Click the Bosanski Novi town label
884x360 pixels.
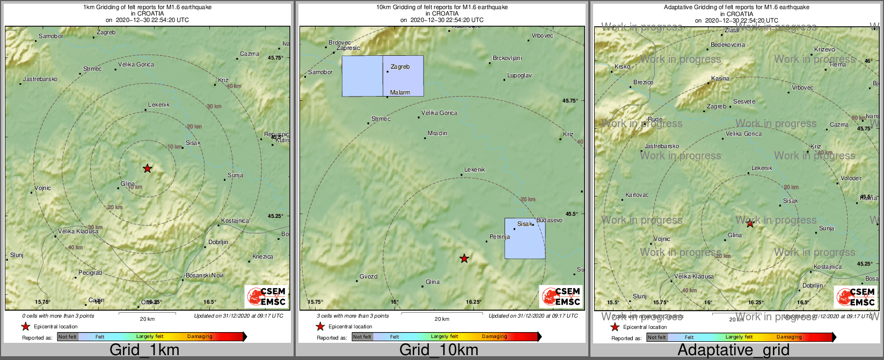click(x=204, y=276)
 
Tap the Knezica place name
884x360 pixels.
click(x=262, y=257)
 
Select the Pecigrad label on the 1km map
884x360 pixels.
click(x=90, y=273)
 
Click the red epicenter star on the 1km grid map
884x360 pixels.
click(x=148, y=168)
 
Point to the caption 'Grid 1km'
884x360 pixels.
click(x=144, y=350)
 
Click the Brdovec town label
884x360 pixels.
click(x=339, y=43)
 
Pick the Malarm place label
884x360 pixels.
click(x=400, y=93)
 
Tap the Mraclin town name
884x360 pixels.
click(x=437, y=134)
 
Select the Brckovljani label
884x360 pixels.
click(x=507, y=58)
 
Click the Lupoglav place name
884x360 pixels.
click(x=520, y=76)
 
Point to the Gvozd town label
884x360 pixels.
click(x=368, y=277)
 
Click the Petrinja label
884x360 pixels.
click(x=500, y=237)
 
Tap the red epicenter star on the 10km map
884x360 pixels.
click(x=464, y=259)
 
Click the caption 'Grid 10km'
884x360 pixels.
click(x=439, y=350)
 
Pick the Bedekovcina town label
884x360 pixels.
click(x=728, y=45)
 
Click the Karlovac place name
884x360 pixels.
click(x=637, y=195)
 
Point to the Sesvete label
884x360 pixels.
click(x=744, y=102)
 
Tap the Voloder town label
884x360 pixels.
click(x=851, y=179)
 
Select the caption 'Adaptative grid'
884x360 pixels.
click(x=733, y=350)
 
